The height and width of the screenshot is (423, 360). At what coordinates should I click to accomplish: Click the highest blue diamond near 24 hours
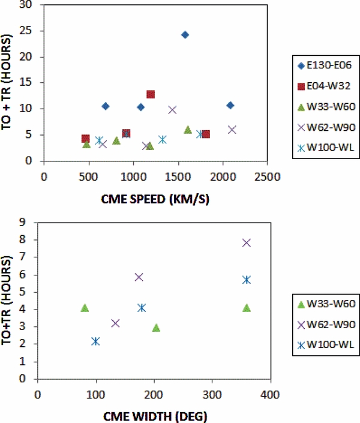(x=185, y=35)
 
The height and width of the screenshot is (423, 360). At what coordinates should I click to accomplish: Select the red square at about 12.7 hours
(x=151, y=94)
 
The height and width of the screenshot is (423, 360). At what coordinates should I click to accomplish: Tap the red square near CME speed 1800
(x=206, y=134)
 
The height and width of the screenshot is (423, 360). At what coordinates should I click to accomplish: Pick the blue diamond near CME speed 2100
(x=230, y=105)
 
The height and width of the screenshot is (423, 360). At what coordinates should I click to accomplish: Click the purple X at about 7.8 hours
(x=246, y=242)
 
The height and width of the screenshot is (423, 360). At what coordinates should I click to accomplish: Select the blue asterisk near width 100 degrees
(x=95, y=341)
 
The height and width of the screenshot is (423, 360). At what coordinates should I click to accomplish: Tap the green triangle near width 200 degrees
(x=156, y=328)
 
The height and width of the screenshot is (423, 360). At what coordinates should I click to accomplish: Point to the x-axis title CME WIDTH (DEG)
(x=154, y=414)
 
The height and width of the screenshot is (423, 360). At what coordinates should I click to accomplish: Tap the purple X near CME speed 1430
(x=172, y=110)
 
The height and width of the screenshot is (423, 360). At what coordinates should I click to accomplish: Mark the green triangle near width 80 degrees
(x=85, y=308)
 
